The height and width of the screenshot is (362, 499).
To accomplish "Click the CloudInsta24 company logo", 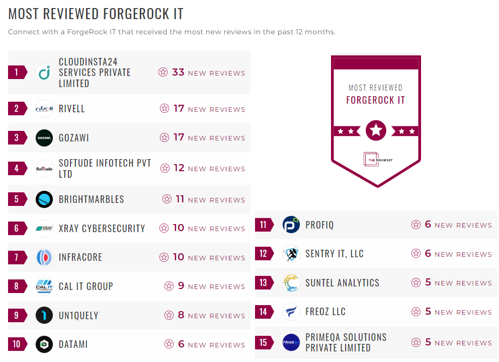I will point(44,73).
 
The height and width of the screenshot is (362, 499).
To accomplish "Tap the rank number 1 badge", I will point(17,73).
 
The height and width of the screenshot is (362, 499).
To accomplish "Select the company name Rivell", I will point(72,109).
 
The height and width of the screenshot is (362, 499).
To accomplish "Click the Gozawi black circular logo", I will point(44,138).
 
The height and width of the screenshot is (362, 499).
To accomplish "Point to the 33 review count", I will point(178,73).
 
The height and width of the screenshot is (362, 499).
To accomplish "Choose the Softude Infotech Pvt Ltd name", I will point(105,169).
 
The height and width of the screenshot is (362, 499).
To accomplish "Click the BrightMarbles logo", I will point(44,199).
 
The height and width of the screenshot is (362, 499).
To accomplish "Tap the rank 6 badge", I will point(17,229).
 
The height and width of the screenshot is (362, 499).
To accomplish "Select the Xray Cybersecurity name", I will point(102,229).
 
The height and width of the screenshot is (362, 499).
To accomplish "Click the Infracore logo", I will point(44,258).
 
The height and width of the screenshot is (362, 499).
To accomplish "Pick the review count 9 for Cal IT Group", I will point(181,286).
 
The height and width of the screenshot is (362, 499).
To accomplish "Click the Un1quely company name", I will point(78,316).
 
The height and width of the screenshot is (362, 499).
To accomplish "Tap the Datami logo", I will point(44,344).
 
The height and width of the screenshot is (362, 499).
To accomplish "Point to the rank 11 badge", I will point(264,225).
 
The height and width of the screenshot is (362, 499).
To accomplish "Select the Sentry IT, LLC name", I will point(334,254).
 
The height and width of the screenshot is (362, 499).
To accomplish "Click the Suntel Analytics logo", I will point(291,283).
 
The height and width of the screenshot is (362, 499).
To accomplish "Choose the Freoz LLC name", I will point(325,312).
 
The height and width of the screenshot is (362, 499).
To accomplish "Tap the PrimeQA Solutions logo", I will point(291,342).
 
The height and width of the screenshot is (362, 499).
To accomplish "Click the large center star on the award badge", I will point(376,130).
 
